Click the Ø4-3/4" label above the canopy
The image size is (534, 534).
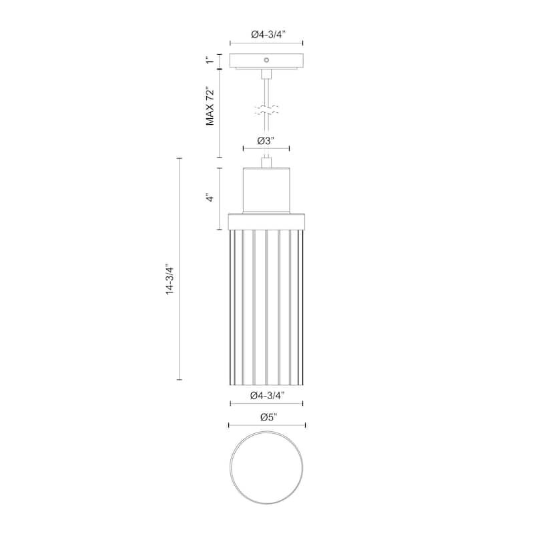pyautogui.click(x=268, y=35)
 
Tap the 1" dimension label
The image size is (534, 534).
pyautogui.click(x=210, y=60)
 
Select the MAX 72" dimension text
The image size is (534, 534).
pyautogui.click(x=210, y=107)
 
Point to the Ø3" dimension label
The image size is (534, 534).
pyautogui.click(x=266, y=141)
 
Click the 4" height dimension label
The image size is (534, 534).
pyautogui.click(x=210, y=198)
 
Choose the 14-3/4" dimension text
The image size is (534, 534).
pyautogui.click(x=170, y=279)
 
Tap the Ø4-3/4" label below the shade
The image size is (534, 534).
pyautogui.click(x=267, y=395)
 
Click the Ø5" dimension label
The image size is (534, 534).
pyautogui.click(x=269, y=417)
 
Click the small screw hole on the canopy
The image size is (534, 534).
pyautogui.click(x=266, y=60)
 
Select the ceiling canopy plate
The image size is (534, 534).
pyautogui.click(x=266, y=61)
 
